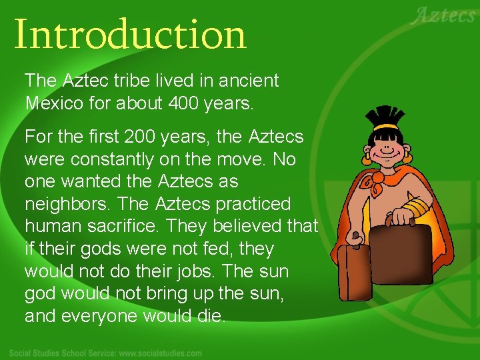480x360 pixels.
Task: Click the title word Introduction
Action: pyautogui.click(x=130, y=35)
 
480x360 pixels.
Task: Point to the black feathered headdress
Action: pyautogui.click(x=388, y=115)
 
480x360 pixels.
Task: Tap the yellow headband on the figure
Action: pyautogui.click(x=387, y=127)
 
